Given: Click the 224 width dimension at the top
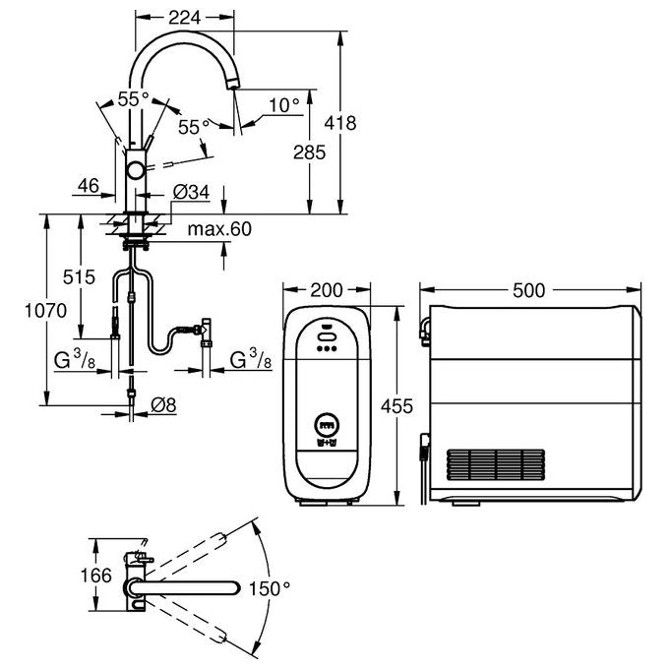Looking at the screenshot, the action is (184, 18).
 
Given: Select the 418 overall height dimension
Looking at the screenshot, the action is (340, 123).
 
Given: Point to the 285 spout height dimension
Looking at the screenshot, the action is (309, 152).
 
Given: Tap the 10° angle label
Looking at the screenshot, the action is (284, 105).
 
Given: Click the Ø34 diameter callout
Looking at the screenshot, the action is (191, 192).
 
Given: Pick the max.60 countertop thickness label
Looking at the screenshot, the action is (219, 229).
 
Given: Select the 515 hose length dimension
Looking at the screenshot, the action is (79, 277).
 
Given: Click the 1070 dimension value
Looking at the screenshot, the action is (45, 311).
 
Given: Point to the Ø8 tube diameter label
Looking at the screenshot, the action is (163, 405).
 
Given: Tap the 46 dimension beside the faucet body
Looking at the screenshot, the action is (89, 186).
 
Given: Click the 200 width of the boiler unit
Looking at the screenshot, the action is (327, 290).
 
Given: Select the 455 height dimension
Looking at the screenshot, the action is (396, 405).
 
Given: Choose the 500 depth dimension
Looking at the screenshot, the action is (529, 290).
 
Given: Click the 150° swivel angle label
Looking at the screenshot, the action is (270, 588).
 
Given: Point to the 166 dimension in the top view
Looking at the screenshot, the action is (96, 576).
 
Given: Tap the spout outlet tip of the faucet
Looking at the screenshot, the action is (232, 86).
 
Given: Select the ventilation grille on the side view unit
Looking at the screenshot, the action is (495, 464).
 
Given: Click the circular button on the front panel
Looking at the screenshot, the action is (327, 425).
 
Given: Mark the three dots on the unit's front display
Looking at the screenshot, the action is (327, 348).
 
